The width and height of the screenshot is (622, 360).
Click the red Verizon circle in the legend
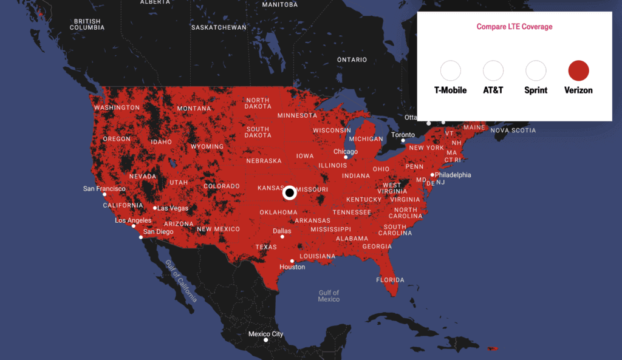(578, 71)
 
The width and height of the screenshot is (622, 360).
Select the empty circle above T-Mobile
(451, 71)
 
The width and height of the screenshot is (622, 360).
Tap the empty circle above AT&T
(493, 71)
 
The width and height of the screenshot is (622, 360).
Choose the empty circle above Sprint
(536, 71)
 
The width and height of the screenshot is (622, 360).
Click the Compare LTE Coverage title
(514, 27)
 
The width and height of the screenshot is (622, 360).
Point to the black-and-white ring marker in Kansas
(290, 193)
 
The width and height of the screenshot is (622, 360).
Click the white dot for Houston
(292, 261)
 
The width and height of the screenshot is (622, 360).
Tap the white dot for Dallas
(282, 237)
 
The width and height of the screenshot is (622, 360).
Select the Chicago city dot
(346, 157)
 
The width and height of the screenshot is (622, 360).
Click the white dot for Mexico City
(265, 340)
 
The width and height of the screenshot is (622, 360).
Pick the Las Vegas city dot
(155, 208)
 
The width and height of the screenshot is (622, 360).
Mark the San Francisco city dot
(104, 194)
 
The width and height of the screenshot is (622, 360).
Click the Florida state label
(390, 280)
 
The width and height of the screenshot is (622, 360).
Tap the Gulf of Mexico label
(329, 296)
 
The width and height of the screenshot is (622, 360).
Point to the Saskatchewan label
(219, 27)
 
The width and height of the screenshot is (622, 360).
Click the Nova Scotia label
(513, 131)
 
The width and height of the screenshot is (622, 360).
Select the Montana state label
(194, 109)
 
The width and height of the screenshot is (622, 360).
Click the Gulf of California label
(181, 281)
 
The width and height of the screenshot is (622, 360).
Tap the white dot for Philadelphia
(432, 175)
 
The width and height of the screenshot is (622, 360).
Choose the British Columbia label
(87, 24)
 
